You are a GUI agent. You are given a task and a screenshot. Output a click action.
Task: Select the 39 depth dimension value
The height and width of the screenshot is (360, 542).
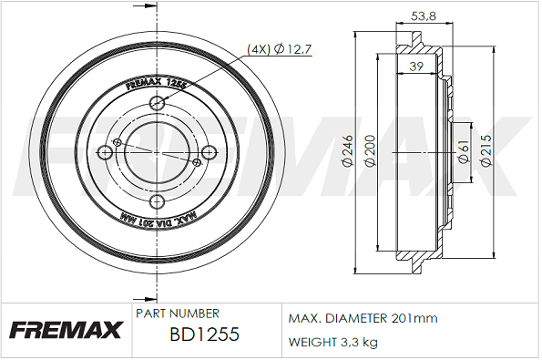pyautogui.click(x=415, y=66)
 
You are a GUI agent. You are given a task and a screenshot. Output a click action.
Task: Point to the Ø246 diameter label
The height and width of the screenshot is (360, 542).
pyautogui.click(x=348, y=150)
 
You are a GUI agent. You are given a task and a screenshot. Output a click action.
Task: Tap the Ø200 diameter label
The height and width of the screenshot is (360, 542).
pyautogui.click(x=370, y=150)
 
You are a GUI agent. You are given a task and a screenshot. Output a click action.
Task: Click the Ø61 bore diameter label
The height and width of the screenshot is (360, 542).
pyautogui.click(x=464, y=151)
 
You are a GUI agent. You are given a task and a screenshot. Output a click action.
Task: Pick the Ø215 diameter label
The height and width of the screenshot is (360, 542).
pyautogui.click(x=486, y=150)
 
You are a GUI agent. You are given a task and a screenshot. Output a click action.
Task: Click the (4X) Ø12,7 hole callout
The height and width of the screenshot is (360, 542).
pyautogui.click(x=280, y=49)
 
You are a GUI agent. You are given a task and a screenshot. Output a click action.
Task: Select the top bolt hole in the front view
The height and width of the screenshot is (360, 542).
pyautogui.click(x=158, y=102)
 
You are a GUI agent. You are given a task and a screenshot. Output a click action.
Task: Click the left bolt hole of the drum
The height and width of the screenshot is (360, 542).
pyautogui.click(x=105, y=152)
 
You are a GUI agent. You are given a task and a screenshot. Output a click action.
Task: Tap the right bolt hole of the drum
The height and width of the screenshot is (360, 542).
pyautogui.click(x=210, y=152)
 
